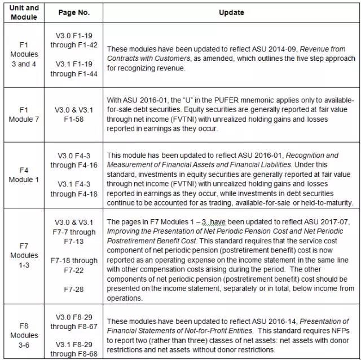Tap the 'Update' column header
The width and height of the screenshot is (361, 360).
[231, 12]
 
